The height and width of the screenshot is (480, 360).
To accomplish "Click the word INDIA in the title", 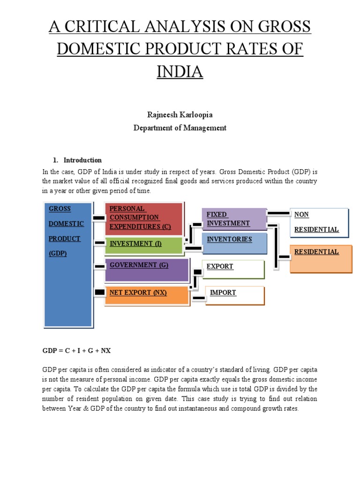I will [x=180, y=72].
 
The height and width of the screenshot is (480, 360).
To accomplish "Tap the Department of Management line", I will [x=180, y=127].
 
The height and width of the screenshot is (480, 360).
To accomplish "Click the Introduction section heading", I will [x=82, y=160].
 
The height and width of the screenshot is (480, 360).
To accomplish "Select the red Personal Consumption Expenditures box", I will [x=144, y=218].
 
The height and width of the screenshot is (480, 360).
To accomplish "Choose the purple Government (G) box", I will [x=147, y=270].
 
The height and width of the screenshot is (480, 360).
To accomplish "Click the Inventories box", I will [x=234, y=243].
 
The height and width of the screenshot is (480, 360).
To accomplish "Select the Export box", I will [x=233, y=269].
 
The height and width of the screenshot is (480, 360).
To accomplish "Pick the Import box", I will [x=235, y=295].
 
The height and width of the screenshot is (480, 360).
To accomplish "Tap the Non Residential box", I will [x=319, y=222].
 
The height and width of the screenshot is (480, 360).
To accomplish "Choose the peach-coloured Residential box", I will [x=321, y=258].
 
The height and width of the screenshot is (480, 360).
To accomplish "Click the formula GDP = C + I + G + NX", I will [x=77, y=350].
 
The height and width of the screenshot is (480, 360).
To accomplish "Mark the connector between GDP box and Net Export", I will [x=99, y=292].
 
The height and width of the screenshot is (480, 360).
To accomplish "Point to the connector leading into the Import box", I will [x=199, y=298].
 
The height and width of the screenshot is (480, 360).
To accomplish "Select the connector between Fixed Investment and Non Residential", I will [x=278, y=214].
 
